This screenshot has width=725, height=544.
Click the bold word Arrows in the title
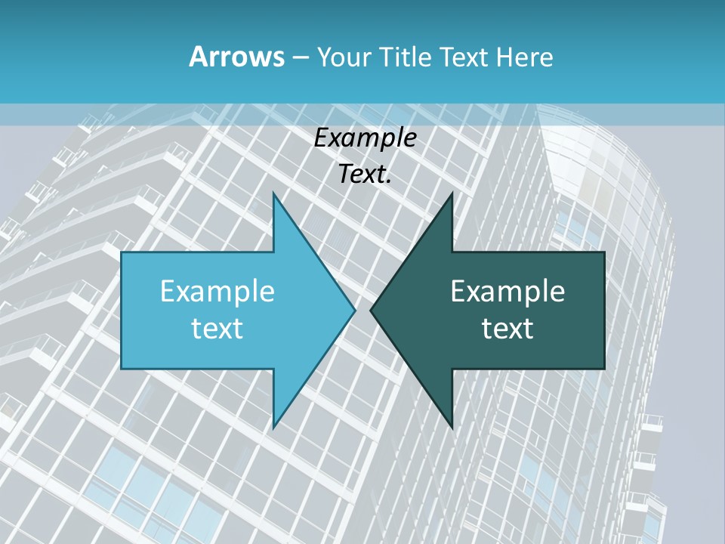pyautogui.click(x=236, y=57)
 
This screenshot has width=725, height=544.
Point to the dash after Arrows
pyautogui.click(x=300, y=58)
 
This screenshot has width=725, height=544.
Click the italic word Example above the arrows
pyautogui.click(x=365, y=138)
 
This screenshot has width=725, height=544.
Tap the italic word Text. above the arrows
pyautogui.click(x=365, y=174)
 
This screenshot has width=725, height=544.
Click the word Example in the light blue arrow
pyautogui.click(x=217, y=291)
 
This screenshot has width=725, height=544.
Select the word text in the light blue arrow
pyautogui.click(x=217, y=329)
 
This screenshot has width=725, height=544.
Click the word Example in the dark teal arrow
pyautogui.click(x=507, y=291)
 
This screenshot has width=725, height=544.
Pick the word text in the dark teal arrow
pyautogui.click(x=507, y=329)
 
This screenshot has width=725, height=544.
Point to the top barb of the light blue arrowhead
pyautogui.click(x=274, y=195)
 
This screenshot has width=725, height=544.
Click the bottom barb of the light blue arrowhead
pyautogui.click(x=274, y=426)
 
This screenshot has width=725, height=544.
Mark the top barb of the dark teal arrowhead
pyautogui.click(x=451, y=195)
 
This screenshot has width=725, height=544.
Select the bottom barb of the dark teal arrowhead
pyautogui.click(x=451, y=426)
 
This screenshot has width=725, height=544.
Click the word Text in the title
pyautogui.click(x=463, y=57)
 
